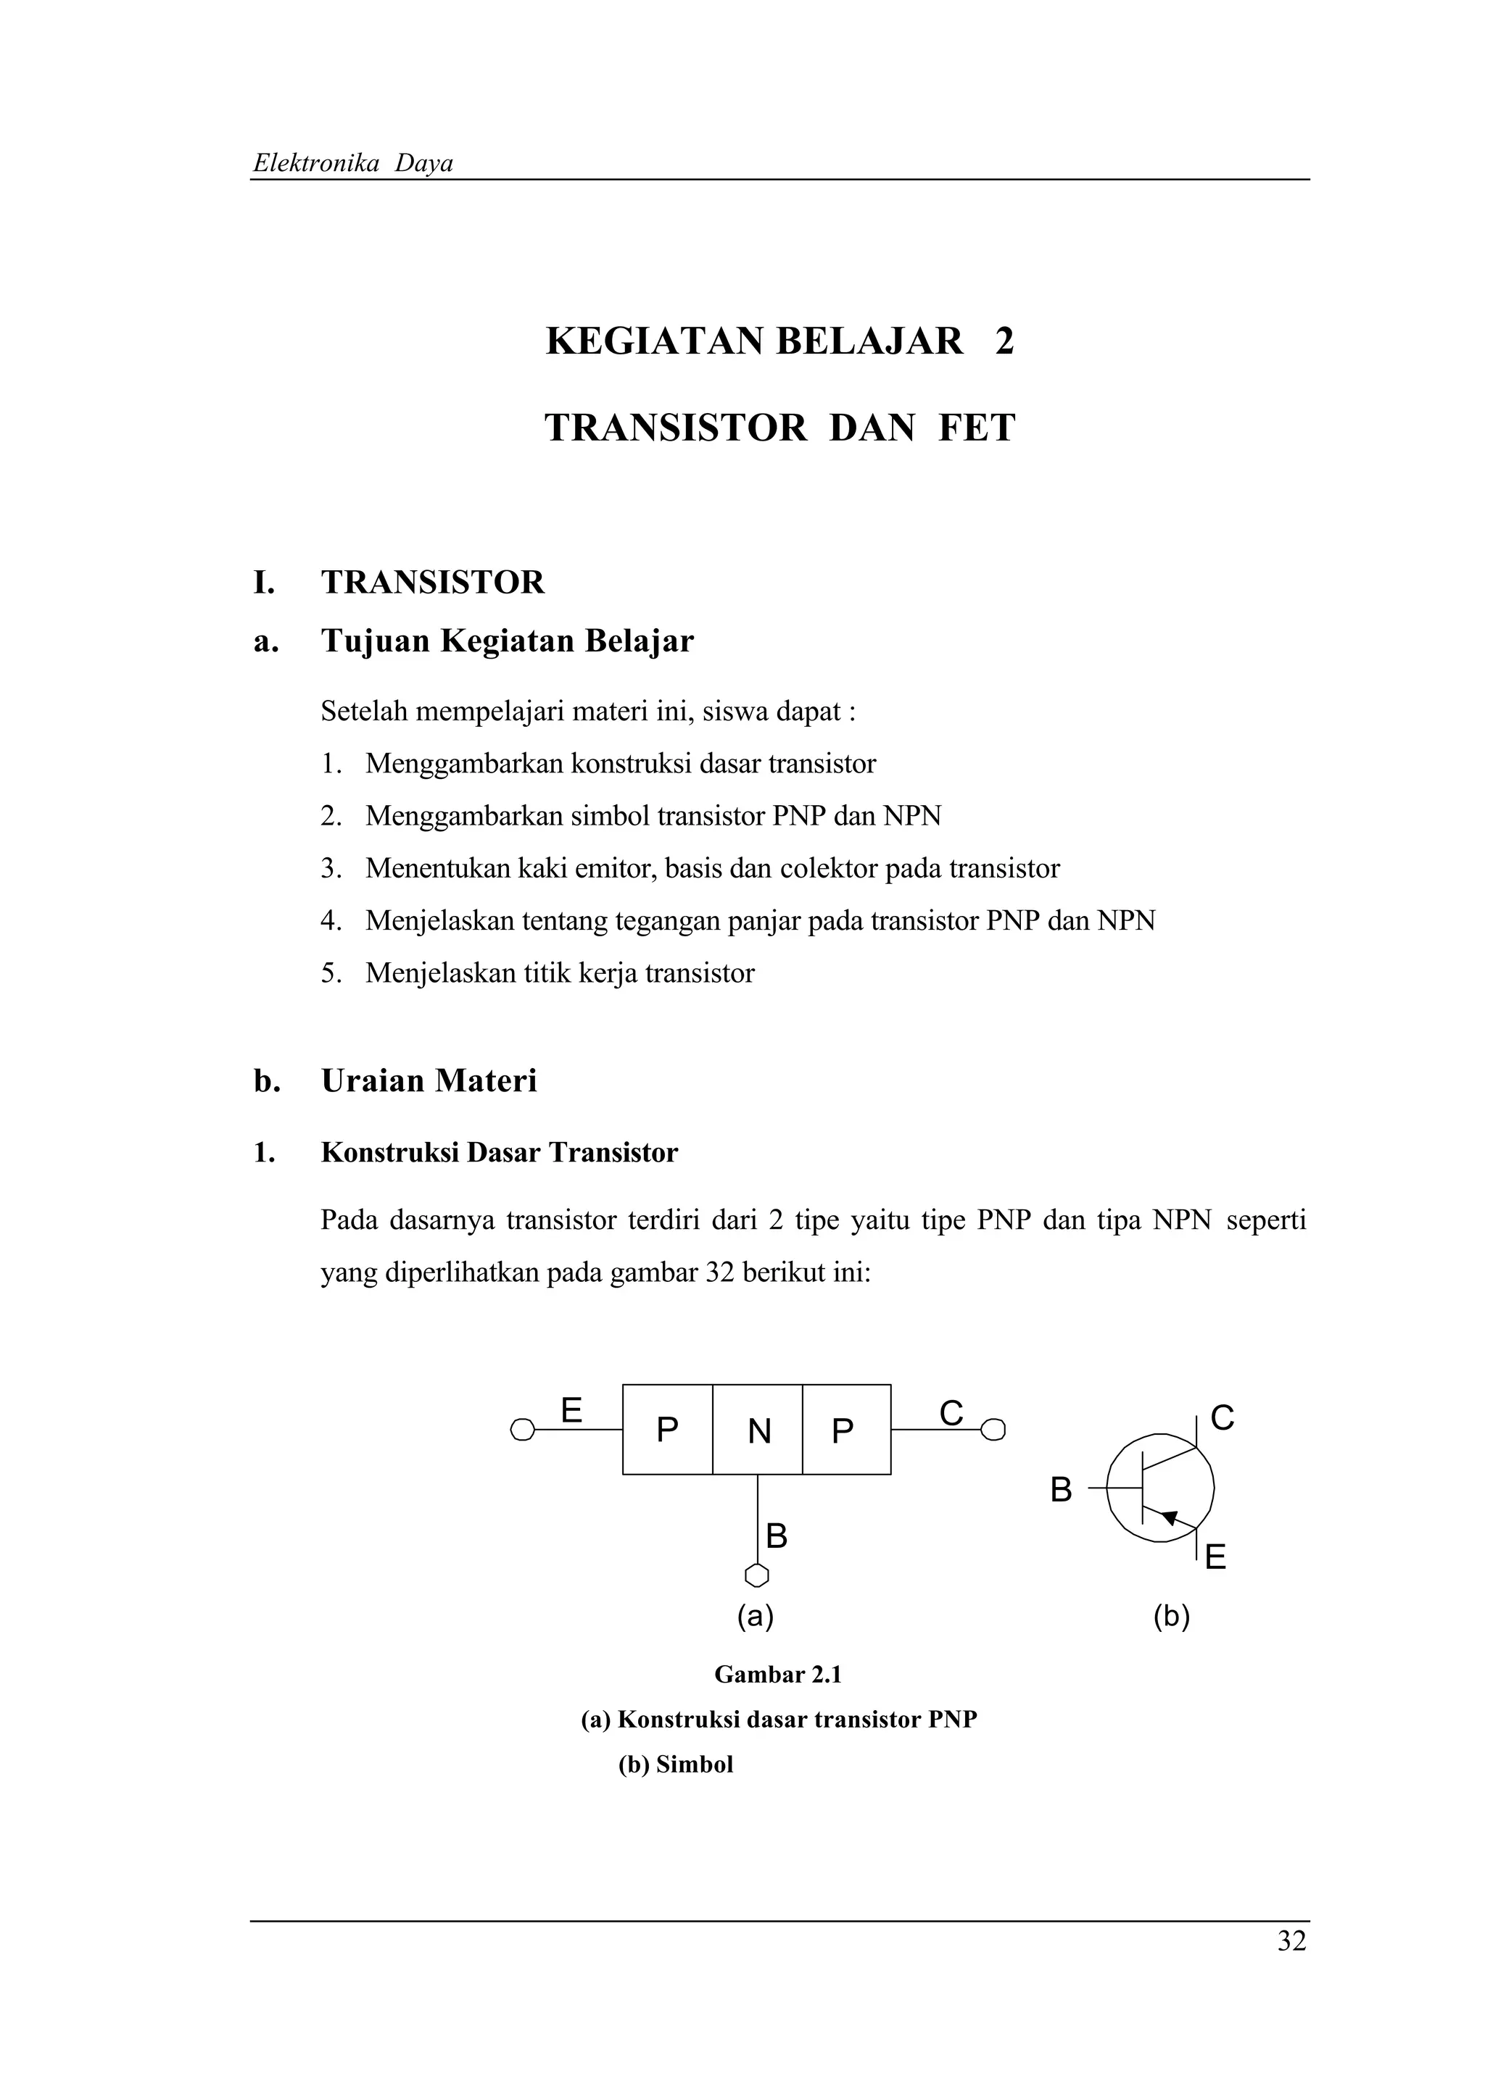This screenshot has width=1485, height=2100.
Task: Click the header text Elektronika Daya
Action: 353,164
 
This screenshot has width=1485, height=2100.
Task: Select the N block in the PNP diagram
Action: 758,1430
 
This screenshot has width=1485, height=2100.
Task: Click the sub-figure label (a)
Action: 756,1616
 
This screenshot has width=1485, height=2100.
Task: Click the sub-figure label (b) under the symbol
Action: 1171,1616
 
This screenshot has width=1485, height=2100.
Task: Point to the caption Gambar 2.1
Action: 778,1675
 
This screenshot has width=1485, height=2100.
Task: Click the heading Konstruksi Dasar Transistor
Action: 499,1152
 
